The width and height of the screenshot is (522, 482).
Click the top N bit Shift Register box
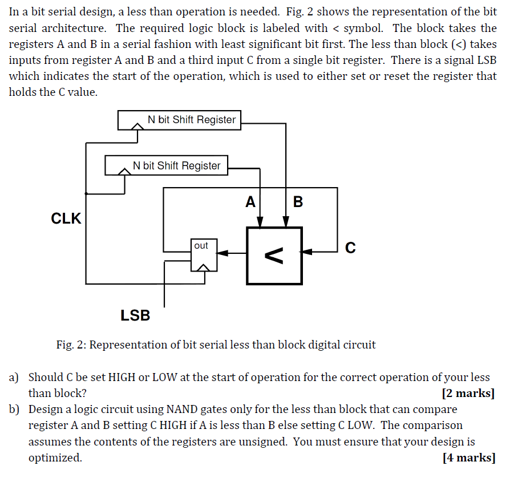click(179, 120)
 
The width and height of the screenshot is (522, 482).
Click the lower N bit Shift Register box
click(167, 165)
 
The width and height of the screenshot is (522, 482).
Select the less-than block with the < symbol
click(274, 255)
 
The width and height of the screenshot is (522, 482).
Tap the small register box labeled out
click(203, 255)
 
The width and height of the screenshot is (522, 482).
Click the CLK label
click(66, 218)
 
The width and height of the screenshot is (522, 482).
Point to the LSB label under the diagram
click(135, 315)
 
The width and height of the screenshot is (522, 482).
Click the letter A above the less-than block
click(250, 202)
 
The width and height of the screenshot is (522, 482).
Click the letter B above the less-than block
click(297, 202)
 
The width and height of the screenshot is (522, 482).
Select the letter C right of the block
click(350, 248)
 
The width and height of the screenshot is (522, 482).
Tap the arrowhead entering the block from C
click(307, 251)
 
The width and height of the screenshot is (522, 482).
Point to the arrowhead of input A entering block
click(260, 222)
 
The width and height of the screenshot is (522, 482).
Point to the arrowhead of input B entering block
click(286, 222)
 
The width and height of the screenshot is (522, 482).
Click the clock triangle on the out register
click(203, 266)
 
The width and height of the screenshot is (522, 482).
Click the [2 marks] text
click(468, 393)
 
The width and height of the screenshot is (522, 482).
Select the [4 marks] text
click(468, 457)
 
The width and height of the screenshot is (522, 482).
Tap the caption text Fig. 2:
click(71, 345)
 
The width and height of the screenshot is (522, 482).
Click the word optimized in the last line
click(55, 457)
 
